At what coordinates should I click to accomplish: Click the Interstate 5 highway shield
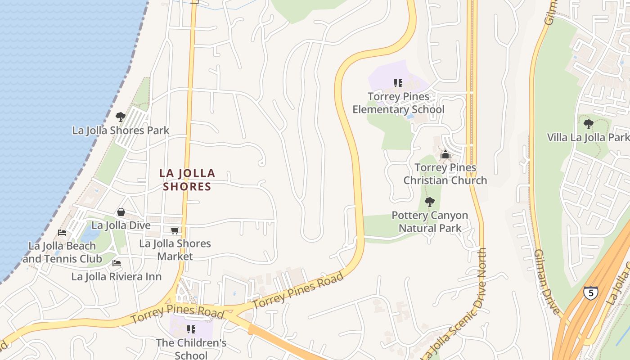click(590, 293)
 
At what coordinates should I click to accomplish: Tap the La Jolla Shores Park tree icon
click(120, 117)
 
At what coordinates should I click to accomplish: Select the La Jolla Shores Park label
click(121, 130)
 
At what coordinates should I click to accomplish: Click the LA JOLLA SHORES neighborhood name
click(187, 180)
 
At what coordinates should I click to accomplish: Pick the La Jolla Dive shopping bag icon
click(121, 212)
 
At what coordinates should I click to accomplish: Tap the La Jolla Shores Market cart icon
click(175, 230)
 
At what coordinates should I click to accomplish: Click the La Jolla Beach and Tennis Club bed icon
click(62, 233)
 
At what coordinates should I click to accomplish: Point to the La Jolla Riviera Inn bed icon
click(117, 263)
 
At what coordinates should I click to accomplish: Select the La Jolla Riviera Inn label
click(116, 276)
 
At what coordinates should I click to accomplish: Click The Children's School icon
click(191, 329)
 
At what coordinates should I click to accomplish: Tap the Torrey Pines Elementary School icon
click(398, 83)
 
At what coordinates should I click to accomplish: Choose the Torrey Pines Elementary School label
click(398, 103)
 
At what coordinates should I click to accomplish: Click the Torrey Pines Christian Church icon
click(445, 155)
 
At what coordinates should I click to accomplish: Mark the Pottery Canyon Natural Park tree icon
click(430, 202)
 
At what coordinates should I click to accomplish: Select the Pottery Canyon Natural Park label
click(430, 222)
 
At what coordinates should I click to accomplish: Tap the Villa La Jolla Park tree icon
click(588, 124)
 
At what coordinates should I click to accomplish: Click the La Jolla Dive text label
click(121, 225)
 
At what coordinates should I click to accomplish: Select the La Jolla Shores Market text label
click(175, 250)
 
